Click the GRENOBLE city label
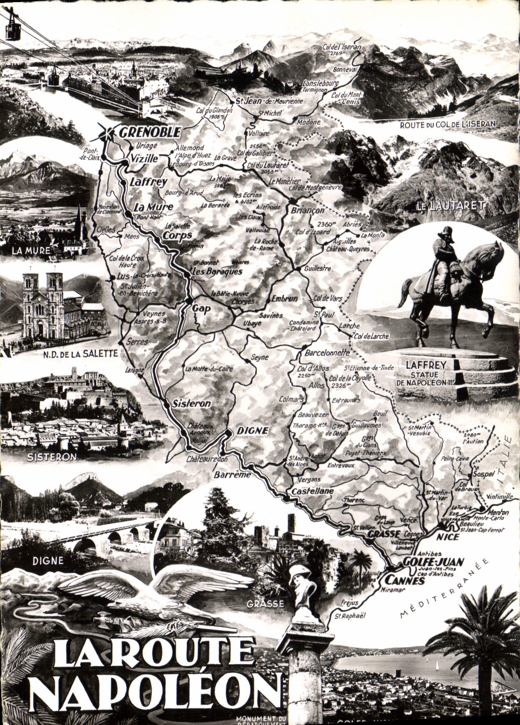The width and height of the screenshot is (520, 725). pos(150,133)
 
